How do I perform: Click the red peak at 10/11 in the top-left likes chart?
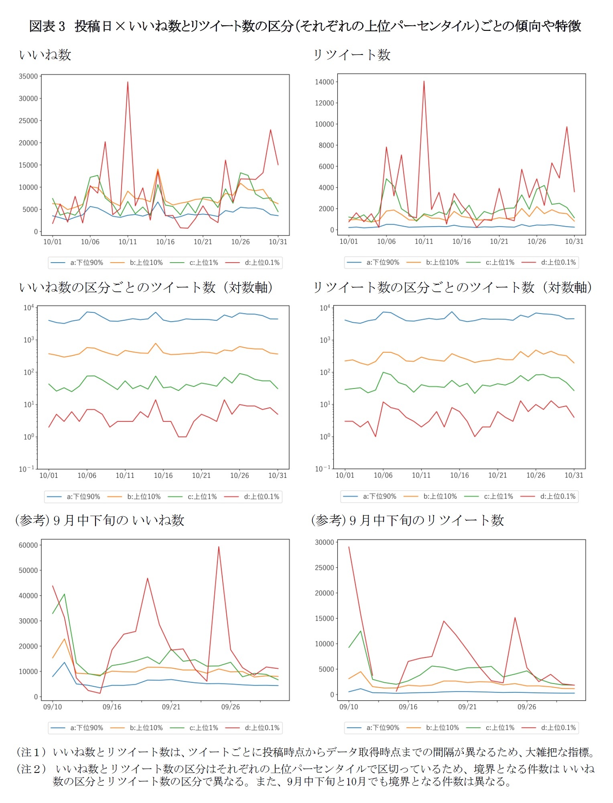pyautogui.click(x=128, y=83)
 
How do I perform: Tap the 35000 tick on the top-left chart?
pyautogui.click(x=28, y=76)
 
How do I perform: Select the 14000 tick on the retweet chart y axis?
pyautogui.click(x=324, y=82)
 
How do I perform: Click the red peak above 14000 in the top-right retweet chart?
pyautogui.click(x=424, y=82)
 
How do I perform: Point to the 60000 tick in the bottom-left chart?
pyautogui.click(x=28, y=545)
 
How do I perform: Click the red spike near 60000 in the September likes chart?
pyautogui.click(x=219, y=547)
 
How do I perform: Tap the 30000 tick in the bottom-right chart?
pyautogui.click(x=324, y=542)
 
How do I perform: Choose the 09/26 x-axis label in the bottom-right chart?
pyautogui.click(x=526, y=707)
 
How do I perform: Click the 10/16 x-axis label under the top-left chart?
pyautogui.click(x=165, y=242)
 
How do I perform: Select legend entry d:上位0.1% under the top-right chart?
pyautogui.click(x=558, y=262)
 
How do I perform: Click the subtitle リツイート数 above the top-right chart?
pyautogui.click(x=351, y=55)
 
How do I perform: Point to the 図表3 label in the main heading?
pyautogui.click(x=47, y=26)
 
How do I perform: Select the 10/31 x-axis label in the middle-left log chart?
pyautogui.click(x=278, y=475)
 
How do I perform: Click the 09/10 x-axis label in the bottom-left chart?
pyautogui.click(x=53, y=707)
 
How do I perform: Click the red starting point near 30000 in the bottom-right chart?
pyautogui.click(x=349, y=547)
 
